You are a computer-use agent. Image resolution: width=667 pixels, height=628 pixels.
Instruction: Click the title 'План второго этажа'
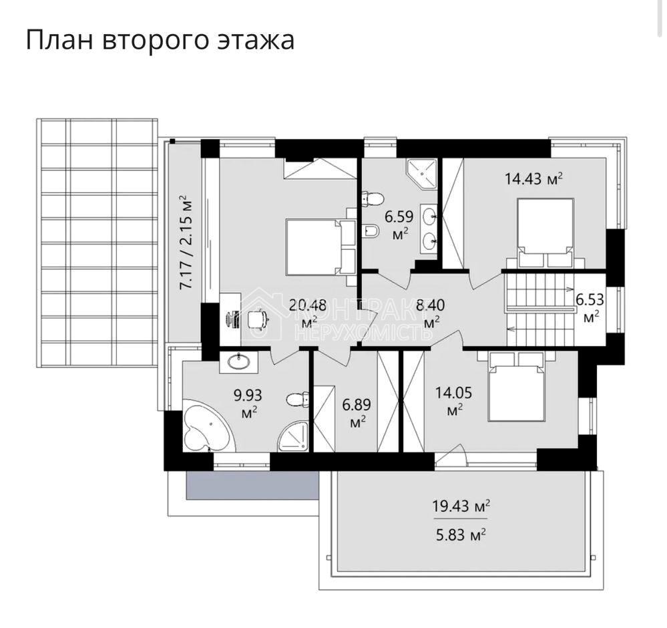[160, 40]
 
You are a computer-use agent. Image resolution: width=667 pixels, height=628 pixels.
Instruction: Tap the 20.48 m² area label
[307, 307]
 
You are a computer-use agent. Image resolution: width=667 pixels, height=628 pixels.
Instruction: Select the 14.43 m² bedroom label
[533, 178]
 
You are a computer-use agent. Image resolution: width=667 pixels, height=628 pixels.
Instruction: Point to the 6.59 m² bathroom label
[399, 217]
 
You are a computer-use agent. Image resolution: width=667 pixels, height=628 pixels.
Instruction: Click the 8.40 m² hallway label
[431, 307]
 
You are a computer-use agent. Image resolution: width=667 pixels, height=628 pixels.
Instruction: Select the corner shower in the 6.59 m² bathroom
[421, 173]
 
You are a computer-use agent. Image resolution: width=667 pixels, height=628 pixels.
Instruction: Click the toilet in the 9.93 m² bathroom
[297, 400]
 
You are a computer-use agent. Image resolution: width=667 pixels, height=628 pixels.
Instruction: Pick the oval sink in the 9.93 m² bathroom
[238, 362]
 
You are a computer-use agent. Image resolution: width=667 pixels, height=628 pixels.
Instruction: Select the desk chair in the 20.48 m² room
[257, 320]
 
